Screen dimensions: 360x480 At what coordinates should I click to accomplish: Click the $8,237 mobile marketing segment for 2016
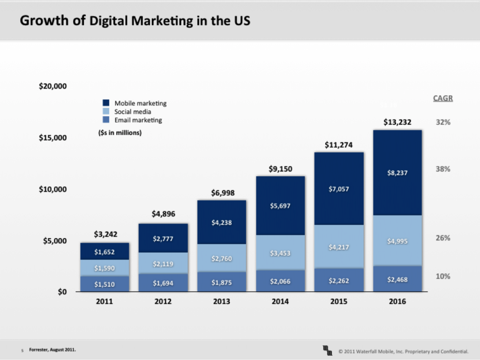coord(397,172)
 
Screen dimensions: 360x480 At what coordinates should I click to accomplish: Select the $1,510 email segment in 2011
coord(104,284)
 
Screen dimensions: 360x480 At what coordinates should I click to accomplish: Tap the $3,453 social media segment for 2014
coord(280,253)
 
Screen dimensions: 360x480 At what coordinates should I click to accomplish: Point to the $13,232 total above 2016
coord(397,122)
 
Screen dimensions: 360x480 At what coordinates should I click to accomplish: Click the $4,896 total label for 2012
coord(163,214)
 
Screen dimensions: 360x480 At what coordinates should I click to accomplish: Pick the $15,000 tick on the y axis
coord(52,138)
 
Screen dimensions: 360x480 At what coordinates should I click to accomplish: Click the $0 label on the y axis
coord(61,292)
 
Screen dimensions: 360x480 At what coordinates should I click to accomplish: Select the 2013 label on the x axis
coord(221,301)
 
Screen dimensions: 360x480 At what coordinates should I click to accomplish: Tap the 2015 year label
coord(338,301)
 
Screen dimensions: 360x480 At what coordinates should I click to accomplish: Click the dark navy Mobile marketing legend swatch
coord(106,103)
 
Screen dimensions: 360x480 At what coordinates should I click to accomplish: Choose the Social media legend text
coord(133,112)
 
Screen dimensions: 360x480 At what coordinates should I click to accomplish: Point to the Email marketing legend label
coord(138,120)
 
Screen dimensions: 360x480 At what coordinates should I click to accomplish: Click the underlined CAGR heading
coord(443,98)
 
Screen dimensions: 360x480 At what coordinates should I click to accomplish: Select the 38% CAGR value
coord(443,169)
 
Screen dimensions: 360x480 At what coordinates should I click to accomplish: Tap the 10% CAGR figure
coord(443,276)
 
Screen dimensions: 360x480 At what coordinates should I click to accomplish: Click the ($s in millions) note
coord(117,133)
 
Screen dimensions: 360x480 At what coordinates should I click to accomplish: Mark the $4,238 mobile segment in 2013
coord(221,223)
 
